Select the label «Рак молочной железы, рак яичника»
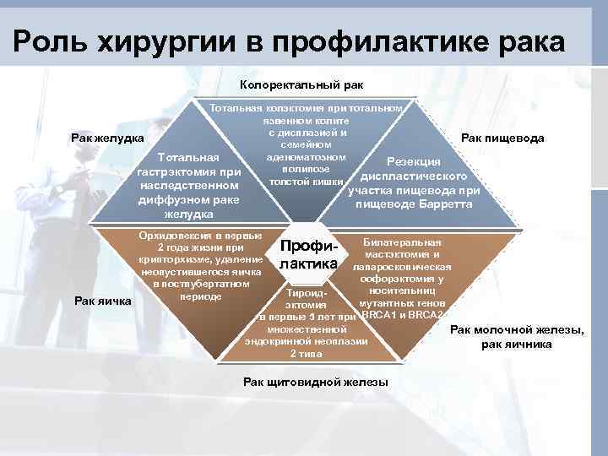[x=517, y=337]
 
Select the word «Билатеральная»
[x=402, y=242]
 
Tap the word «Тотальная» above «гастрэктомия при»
[x=190, y=157]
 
